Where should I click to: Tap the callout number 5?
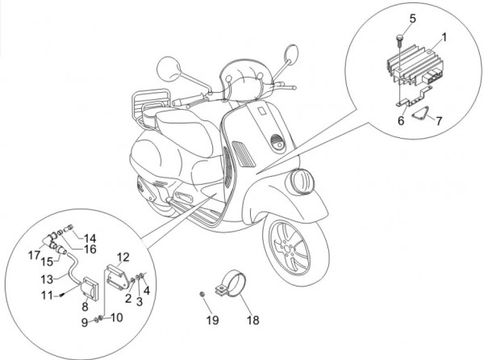412,18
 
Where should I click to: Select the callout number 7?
439,121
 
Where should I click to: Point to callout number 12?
123,259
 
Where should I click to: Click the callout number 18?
253,320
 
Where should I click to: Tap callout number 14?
90,238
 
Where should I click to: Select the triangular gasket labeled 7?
415,116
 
